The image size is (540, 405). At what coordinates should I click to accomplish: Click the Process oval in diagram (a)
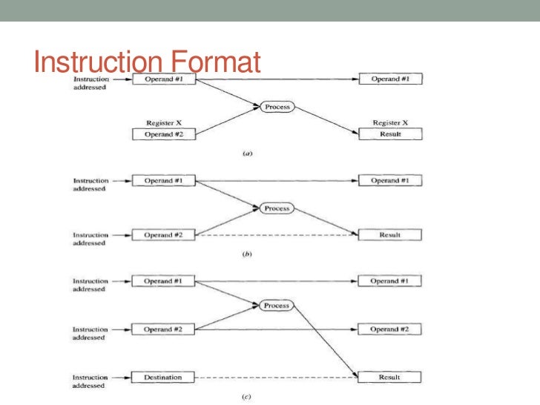(x=277, y=107)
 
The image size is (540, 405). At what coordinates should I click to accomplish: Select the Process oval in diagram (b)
(x=277, y=208)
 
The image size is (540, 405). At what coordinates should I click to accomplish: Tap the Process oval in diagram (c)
(x=277, y=305)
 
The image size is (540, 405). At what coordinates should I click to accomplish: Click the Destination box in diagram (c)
(x=164, y=378)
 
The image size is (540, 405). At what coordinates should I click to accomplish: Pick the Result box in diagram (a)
(x=390, y=134)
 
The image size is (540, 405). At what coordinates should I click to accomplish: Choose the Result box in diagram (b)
(x=390, y=235)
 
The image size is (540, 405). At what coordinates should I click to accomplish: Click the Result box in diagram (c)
(x=390, y=378)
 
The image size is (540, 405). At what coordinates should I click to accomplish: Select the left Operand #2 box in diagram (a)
(x=164, y=134)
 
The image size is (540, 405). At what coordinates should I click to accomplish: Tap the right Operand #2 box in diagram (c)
(x=390, y=329)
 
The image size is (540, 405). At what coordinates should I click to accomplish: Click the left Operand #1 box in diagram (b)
(x=164, y=181)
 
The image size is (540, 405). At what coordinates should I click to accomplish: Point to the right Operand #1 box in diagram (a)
(x=390, y=79)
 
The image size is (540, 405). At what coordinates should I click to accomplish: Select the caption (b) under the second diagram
(x=248, y=254)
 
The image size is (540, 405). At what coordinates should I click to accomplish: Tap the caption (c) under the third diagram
(x=248, y=397)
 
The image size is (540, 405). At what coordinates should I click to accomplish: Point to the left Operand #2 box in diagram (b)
(x=164, y=235)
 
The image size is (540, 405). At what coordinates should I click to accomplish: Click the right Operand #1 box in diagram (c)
(x=390, y=281)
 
